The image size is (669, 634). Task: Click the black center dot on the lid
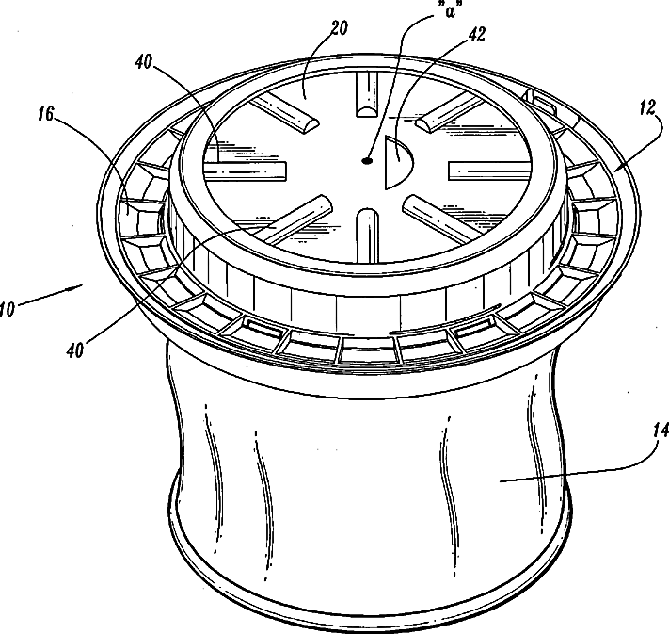coord(368,161)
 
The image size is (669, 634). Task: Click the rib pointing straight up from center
coord(366,97)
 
